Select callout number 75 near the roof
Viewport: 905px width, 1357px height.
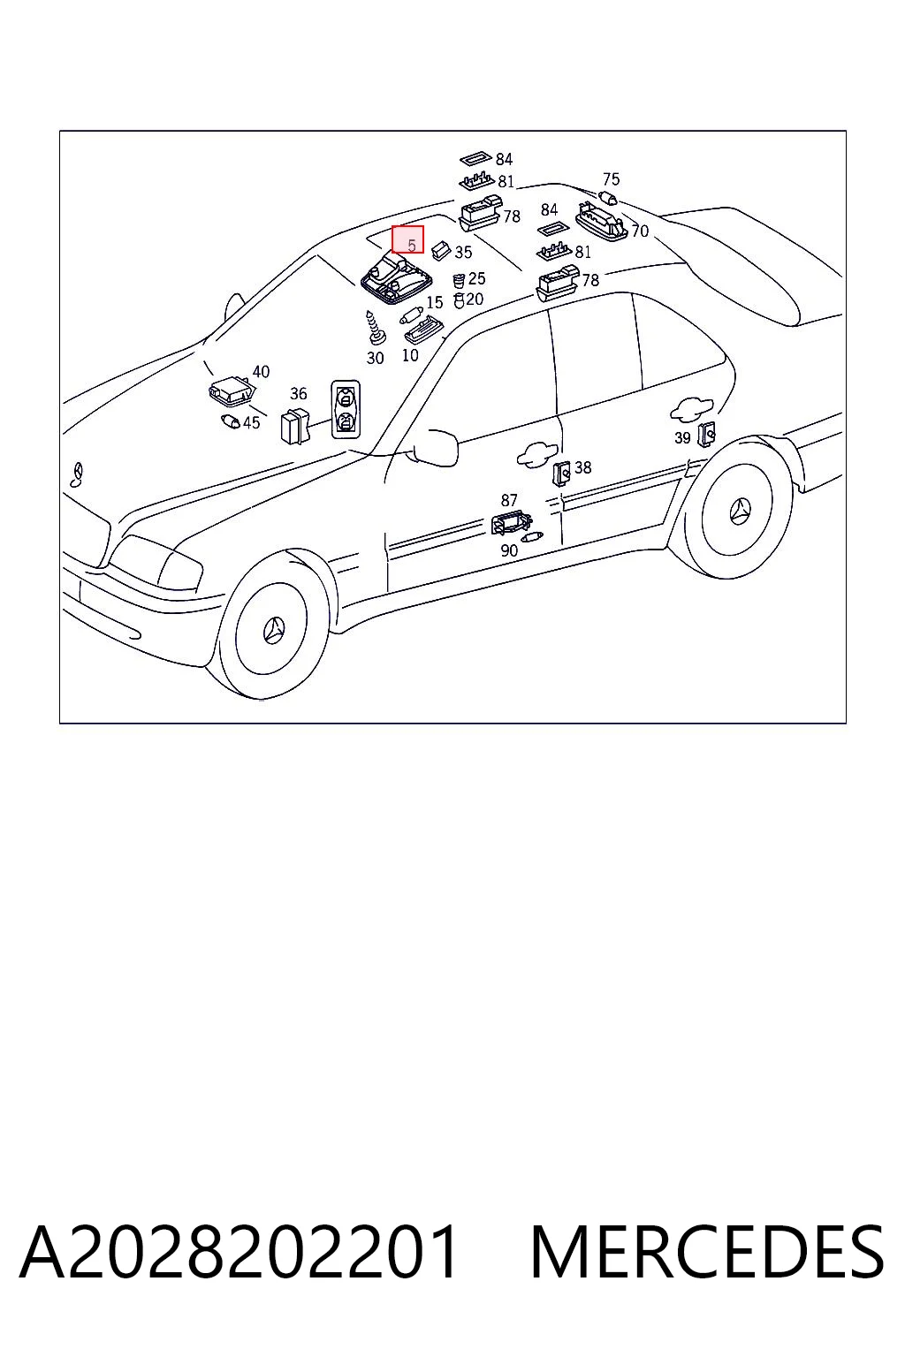tap(611, 179)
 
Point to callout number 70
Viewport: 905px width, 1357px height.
tap(640, 231)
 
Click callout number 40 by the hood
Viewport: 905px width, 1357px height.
tap(261, 371)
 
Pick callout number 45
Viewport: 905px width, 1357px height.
tap(252, 422)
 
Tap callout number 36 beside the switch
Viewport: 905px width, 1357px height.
tap(298, 394)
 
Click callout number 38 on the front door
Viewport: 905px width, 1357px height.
tap(582, 467)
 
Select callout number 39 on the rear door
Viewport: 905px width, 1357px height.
tap(682, 437)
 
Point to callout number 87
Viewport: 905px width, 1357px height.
tap(508, 500)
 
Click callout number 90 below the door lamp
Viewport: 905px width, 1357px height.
tap(509, 550)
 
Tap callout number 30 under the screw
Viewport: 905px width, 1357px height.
tap(376, 358)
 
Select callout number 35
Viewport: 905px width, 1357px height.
tap(463, 252)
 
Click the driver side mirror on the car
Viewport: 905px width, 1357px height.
tap(435, 447)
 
